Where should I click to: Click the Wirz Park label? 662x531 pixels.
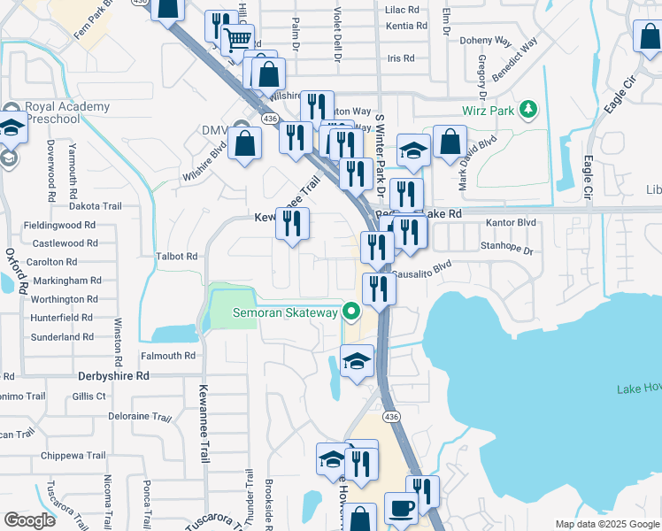(x=488, y=111)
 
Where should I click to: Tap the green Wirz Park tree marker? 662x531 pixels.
(x=528, y=109)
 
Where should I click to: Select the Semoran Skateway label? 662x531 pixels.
(x=285, y=312)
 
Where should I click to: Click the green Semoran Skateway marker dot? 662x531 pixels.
(x=351, y=312)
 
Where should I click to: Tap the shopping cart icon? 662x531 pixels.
(x=236, y=38)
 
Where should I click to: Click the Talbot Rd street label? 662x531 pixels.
(x=176, y=256)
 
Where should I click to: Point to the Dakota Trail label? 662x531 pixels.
(x=95, y=206)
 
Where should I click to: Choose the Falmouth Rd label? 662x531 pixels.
(x=167, y=356)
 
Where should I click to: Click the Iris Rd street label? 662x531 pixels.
(x=401, y=58)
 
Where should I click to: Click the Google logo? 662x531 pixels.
(x=28, y=520)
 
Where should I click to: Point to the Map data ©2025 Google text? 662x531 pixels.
(x=606, y=524)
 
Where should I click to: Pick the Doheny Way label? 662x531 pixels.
(x=486, y=41)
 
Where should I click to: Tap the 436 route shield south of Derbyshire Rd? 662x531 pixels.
(x=389, y=416)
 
